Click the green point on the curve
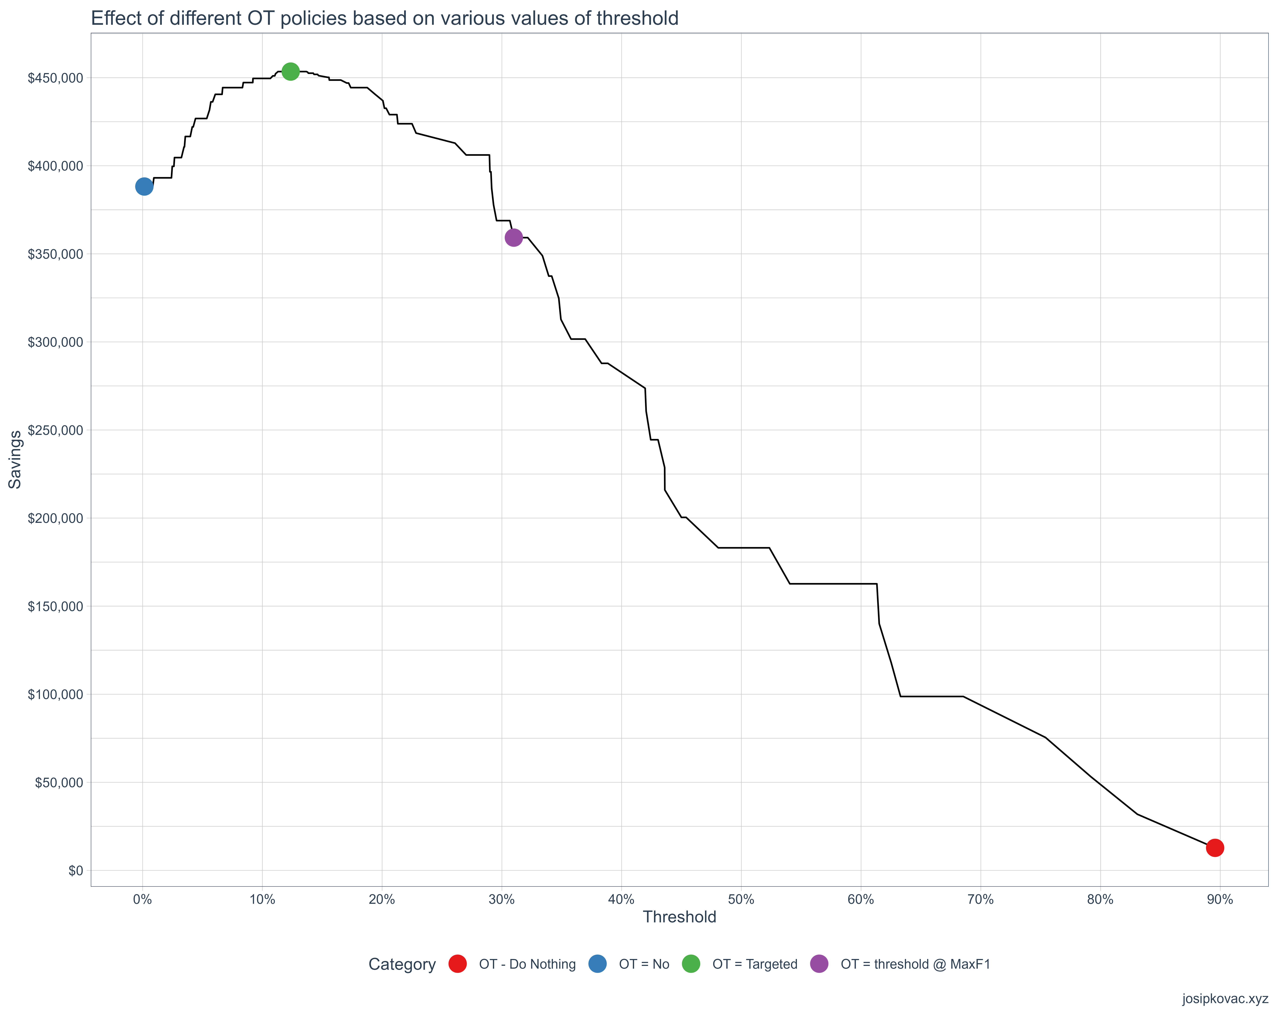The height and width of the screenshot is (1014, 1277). (290, 72)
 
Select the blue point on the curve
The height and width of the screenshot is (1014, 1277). (144, 187)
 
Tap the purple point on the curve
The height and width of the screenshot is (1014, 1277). (513, 238)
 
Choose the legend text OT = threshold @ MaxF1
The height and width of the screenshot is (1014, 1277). (915, 964)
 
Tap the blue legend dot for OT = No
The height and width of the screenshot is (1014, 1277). (598, 964)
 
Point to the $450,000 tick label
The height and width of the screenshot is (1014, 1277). (55, 78)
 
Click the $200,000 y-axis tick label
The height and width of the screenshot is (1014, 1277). (55, 518)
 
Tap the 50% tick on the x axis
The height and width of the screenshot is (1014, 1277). (741, 900)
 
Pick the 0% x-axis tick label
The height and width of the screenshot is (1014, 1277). (142, 900)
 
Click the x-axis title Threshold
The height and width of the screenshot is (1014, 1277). (679, 917)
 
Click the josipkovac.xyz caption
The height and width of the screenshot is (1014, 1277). (1225, 999)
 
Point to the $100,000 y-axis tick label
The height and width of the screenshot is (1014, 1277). (55, 694)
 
